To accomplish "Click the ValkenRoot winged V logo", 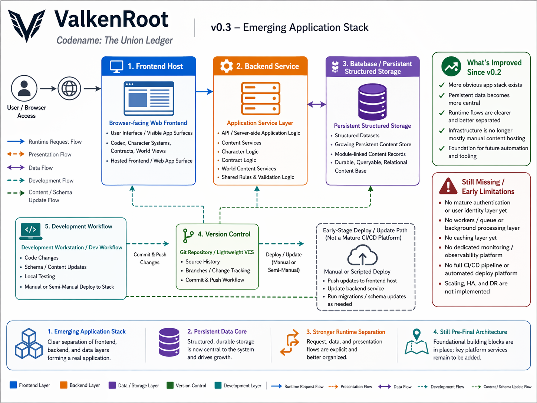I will (x=27, y=25).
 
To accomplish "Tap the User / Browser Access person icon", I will (x=24, y=88).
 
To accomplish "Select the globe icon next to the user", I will (x=69, y=88).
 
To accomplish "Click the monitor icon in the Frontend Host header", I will (x=116, y=66).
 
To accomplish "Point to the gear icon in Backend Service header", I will (x=226, y=66).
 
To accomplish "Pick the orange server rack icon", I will (x=260, y=98).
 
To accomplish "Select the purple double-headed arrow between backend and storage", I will (x=317, y=105).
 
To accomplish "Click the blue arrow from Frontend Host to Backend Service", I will (x=204, y=91).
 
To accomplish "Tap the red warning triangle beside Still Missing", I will (x=448, y=186).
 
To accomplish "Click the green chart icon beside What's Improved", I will (x=451, y=67).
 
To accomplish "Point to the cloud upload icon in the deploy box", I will (x=362, y=256).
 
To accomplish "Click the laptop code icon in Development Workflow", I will (x=31, y=231).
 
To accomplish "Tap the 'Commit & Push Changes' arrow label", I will (x=150, y=258).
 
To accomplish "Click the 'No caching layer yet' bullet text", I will (x=471, y=238).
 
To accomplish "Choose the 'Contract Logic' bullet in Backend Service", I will (x=239, y=160).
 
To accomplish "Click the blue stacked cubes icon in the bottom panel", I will (x=29, y=344).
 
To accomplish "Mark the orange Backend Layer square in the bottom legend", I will (x=64, y=385).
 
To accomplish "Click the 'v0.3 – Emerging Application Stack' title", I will (x=290, y=27).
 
